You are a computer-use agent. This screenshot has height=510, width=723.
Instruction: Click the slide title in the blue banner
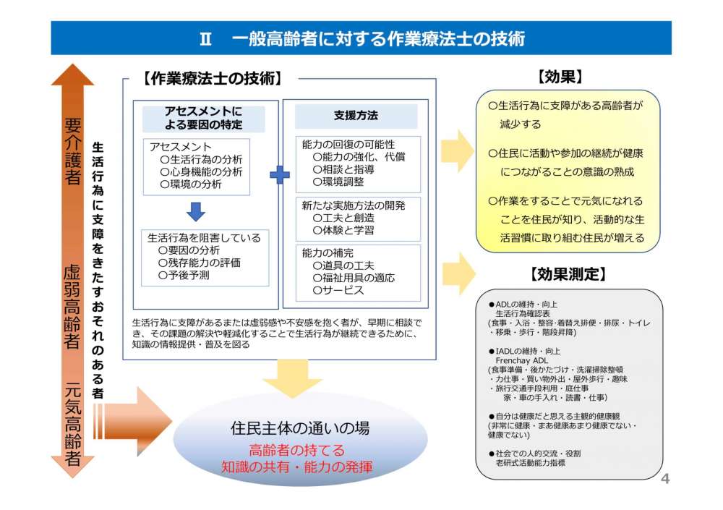click(361, 38)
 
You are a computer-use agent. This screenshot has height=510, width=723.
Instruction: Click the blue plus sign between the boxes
click(279, 174)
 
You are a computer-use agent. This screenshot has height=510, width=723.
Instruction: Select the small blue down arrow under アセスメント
click(196, 211)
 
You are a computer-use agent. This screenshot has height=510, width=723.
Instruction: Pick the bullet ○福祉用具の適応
click(354, 278)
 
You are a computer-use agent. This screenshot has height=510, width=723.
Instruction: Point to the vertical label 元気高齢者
click(72, 423)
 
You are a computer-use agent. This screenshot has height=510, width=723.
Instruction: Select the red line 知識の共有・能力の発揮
click(297, 467)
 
